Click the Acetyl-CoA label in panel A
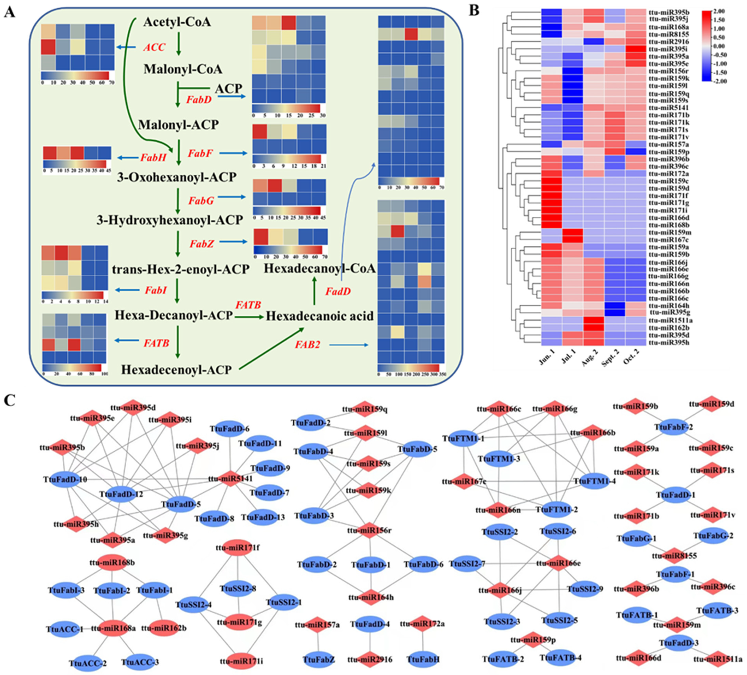(x=177, y=22)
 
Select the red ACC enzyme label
(x=154, y=47)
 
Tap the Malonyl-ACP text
(x=178, y=125)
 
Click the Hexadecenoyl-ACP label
(x=176, y=369)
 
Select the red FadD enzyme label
(x=338, y=292)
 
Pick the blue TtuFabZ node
(x=319, y=659)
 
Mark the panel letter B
(x=474, y=11)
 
